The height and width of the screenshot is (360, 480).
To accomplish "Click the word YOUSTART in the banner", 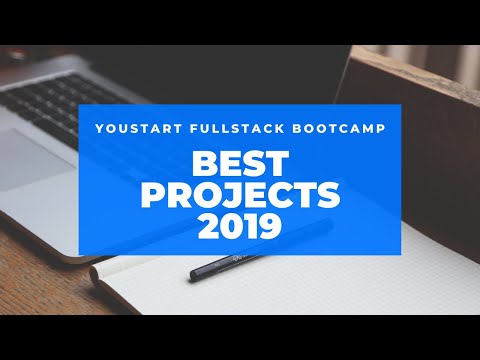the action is pos(138,129).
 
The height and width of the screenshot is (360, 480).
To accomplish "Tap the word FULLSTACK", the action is pos(237,129).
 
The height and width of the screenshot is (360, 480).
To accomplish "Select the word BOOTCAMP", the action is pos(339,129).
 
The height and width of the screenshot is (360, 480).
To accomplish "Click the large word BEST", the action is pos(240,163).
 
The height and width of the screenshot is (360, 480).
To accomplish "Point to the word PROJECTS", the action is pos(240,195).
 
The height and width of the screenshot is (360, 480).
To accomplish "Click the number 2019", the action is pos(240,227).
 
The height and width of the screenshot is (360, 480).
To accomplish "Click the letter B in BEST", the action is pos(204,163).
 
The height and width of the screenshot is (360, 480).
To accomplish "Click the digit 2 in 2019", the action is pos(209,227).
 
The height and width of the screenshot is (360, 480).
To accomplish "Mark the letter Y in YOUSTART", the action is pos(100,129).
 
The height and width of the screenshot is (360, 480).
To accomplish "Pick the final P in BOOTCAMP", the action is pos(381,129).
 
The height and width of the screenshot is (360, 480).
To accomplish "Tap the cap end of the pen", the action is pos(194,275).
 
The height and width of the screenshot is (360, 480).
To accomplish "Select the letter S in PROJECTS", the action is pos(328,195).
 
